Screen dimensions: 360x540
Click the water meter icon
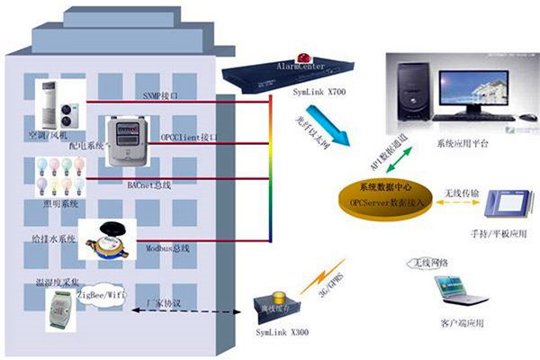pos(110,238)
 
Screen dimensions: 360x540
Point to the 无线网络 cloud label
pos(428,263)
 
